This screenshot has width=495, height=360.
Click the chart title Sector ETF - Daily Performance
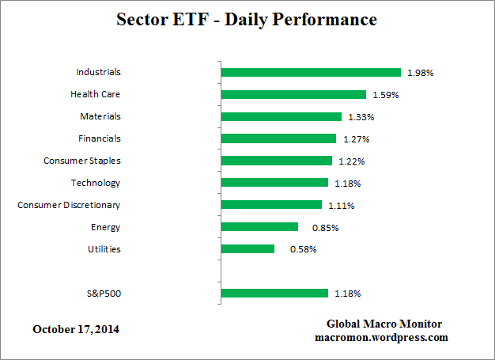247,18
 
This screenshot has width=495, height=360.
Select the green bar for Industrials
311,72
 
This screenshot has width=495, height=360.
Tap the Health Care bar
293,94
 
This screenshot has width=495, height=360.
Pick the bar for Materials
282,116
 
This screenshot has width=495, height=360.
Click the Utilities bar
247,249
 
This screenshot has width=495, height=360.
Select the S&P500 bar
274,294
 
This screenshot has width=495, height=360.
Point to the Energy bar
259,227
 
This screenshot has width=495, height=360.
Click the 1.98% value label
421,73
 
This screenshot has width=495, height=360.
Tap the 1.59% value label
386,95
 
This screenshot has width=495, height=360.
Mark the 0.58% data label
294,250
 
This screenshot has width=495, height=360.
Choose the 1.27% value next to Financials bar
356,139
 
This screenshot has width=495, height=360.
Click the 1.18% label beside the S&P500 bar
348,294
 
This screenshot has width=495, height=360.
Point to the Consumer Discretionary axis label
69,205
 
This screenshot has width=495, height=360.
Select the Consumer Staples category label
81,161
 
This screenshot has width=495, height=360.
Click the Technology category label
95,183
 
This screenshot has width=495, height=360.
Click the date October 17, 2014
77,328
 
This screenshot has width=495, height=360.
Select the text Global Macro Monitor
384,324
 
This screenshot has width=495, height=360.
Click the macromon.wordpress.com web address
381,337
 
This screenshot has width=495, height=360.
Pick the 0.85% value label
318,228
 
